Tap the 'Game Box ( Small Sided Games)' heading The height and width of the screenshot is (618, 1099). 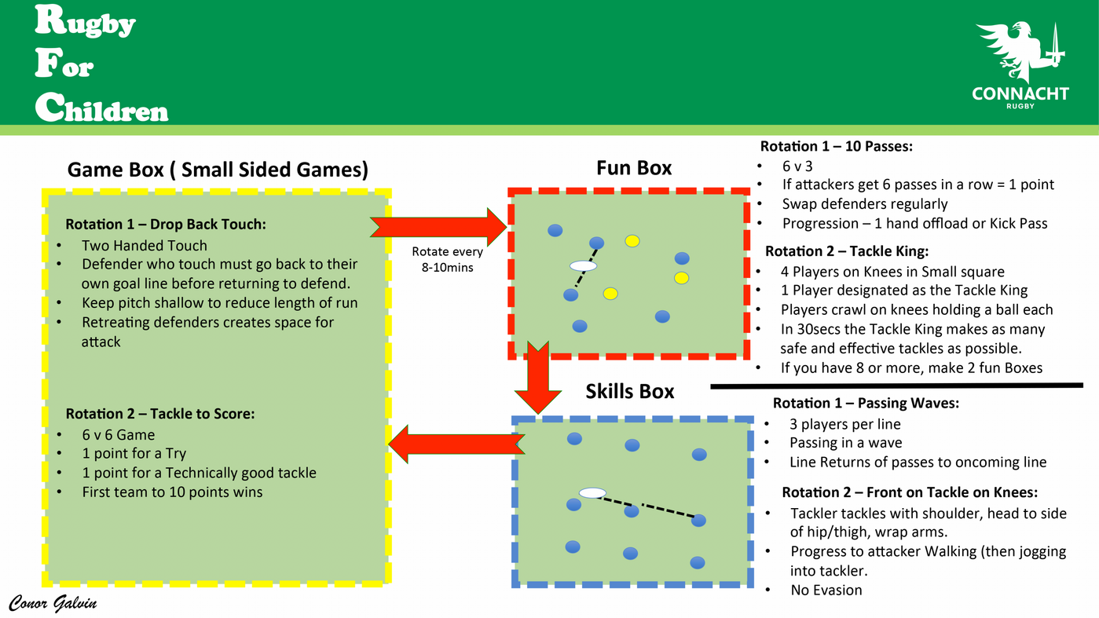pyautogui.click(x=218, y=170)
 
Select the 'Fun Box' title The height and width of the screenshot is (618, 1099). pyautogui.click(x=634, y=167)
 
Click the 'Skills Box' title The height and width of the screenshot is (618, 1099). pyautogui.click(x=629, y=391)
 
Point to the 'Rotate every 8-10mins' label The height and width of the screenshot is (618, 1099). pyautogui.click(x=447, y=259)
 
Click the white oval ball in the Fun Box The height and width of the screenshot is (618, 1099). pyautogui.click(x=583, y=266)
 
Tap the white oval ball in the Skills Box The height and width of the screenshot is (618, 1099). pyautogui.click(x=592, y=493)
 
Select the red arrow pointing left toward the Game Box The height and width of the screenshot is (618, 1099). pyautogui.click(x=451, y=444)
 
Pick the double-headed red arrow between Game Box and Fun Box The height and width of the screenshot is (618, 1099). pyautogui.click(x=440, y=227)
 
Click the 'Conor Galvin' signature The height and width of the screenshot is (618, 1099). pyautogui.click(x=53, y=603)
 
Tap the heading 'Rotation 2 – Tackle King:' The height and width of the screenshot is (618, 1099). pyautogui.click(x=846, y=251)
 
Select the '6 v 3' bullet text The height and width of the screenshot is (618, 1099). pyautogui.click(x=797, y=166)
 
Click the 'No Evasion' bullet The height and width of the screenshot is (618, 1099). pyautogui.click(x=826, y=590)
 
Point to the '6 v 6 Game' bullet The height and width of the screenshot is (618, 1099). pyautogui.click(x=118, y=434)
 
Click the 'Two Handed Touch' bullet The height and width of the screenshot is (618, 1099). pyautogui.click(x=145, y=245)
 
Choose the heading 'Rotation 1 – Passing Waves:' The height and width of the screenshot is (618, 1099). pyautogui.click(x=866, y=403)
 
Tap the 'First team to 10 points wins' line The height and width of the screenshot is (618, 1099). pyautogui.click(x=172, y=492)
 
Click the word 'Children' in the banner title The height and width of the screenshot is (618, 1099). pyautogui.click(x=102, y=108)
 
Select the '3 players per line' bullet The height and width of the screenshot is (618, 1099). pyautogui.click(x=845, y=424)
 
